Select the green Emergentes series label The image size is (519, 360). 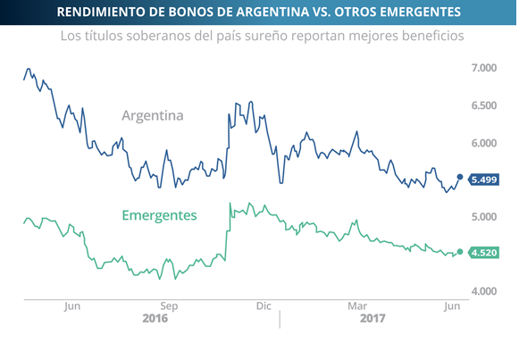[159, 215]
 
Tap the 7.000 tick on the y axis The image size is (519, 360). [484, 68]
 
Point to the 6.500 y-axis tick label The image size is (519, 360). [484, 105]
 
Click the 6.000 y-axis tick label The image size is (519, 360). [484, 143]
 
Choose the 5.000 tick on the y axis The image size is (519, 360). [484, 217]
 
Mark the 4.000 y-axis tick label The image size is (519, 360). [484, 291]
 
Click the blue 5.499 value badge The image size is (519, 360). [483, 180]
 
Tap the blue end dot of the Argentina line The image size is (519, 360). [460, 177]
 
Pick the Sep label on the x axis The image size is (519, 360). [170, 306]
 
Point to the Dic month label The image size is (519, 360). [263, 306]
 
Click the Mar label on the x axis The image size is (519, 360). [356, 306]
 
